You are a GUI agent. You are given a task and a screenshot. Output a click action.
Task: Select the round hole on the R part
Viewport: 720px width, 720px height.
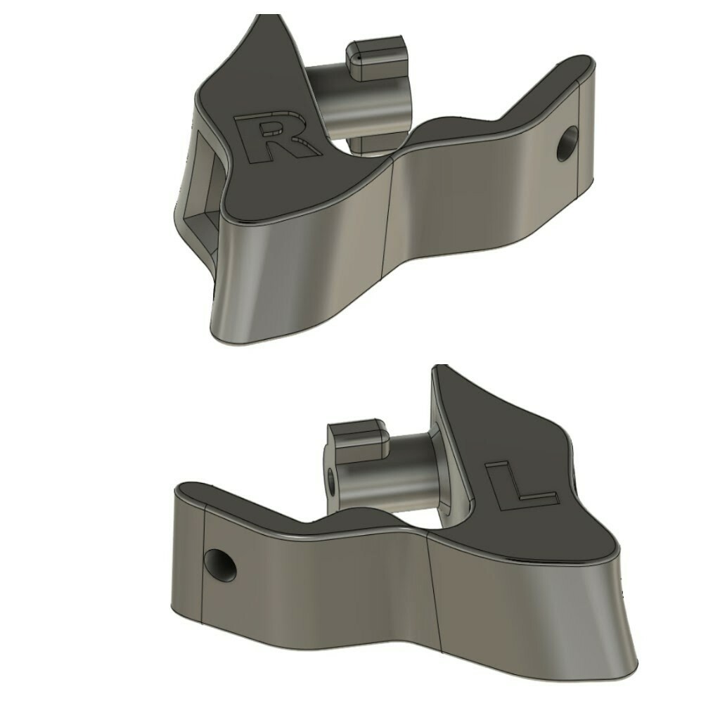coord(567,143)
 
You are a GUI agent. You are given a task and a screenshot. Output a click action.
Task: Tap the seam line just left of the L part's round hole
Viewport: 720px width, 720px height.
coord(202,570)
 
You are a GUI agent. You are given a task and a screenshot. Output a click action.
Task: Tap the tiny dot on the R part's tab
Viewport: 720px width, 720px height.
coord(359,56)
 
